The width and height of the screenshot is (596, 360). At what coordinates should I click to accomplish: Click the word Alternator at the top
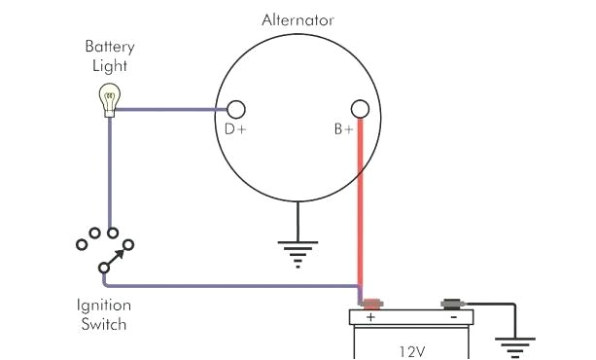(x=298, y=19)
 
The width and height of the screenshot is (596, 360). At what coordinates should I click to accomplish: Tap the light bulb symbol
(x=108, y=98)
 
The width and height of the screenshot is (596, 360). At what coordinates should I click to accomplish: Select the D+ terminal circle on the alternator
(x=235, y=109)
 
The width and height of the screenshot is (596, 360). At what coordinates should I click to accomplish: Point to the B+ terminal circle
(x=360, y=108)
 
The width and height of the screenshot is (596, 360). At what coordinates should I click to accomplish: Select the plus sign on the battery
(x=370, y=316)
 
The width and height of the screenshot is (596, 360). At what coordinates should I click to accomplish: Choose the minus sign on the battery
(x=453, y=316)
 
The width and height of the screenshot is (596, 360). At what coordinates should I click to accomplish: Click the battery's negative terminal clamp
(x=451, y=303)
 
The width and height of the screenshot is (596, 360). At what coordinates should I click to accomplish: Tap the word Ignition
(x=104, y=304)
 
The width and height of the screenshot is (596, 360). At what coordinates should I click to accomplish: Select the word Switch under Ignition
(x=104, y=323)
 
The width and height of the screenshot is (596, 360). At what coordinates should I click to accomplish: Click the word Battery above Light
(x=108, y=46)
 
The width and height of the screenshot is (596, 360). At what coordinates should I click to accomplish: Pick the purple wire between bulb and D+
(x=170, y=109)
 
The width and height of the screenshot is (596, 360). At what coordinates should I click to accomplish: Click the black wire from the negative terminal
(x=491, y=304)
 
